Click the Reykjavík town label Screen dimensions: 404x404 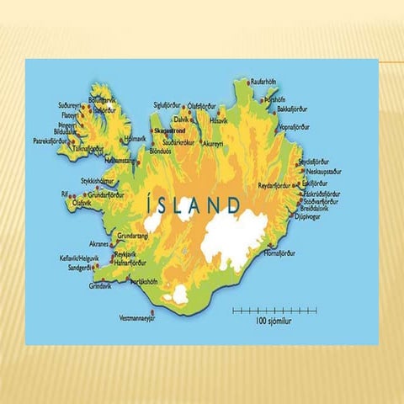coord(127,253)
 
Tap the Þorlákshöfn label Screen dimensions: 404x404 coord(145,282)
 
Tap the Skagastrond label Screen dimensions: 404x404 coord(169,131)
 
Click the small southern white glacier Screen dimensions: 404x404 coord(179,295)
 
